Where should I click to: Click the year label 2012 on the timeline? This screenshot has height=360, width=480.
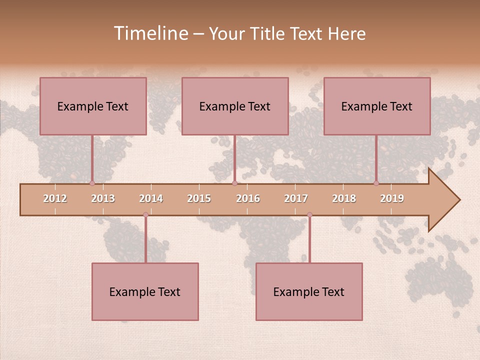tap(55, 198)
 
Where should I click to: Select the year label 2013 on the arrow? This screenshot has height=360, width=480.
tap(103, 198)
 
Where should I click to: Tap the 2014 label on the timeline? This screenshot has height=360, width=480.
tap(151, 198)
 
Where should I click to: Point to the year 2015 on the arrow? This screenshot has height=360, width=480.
tap(199, 198)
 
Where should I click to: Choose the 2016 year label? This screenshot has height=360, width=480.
tap(248, 198)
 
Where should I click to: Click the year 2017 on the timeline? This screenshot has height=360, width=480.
tap(296, 198)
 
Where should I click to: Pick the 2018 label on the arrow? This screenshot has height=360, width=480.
tap(344, 198)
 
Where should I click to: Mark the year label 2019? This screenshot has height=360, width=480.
tap(392, 198)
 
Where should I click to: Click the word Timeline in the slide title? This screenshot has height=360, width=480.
tap(150, 33)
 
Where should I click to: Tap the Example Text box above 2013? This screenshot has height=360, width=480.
tap(93, 106)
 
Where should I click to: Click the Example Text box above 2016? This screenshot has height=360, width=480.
tap(235, 106)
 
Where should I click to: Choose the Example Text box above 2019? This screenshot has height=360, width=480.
tap(377, 106)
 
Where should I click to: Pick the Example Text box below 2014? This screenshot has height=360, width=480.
tap(145, 291)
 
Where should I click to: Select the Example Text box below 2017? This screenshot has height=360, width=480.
tap(309, 291)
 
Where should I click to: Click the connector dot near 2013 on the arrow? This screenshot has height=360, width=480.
tap(92, 183)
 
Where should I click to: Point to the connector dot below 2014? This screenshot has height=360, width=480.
tap(145, 215)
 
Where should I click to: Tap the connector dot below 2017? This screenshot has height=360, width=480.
tap(309, 215)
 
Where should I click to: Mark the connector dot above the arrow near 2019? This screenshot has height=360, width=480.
tap(376, 183)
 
